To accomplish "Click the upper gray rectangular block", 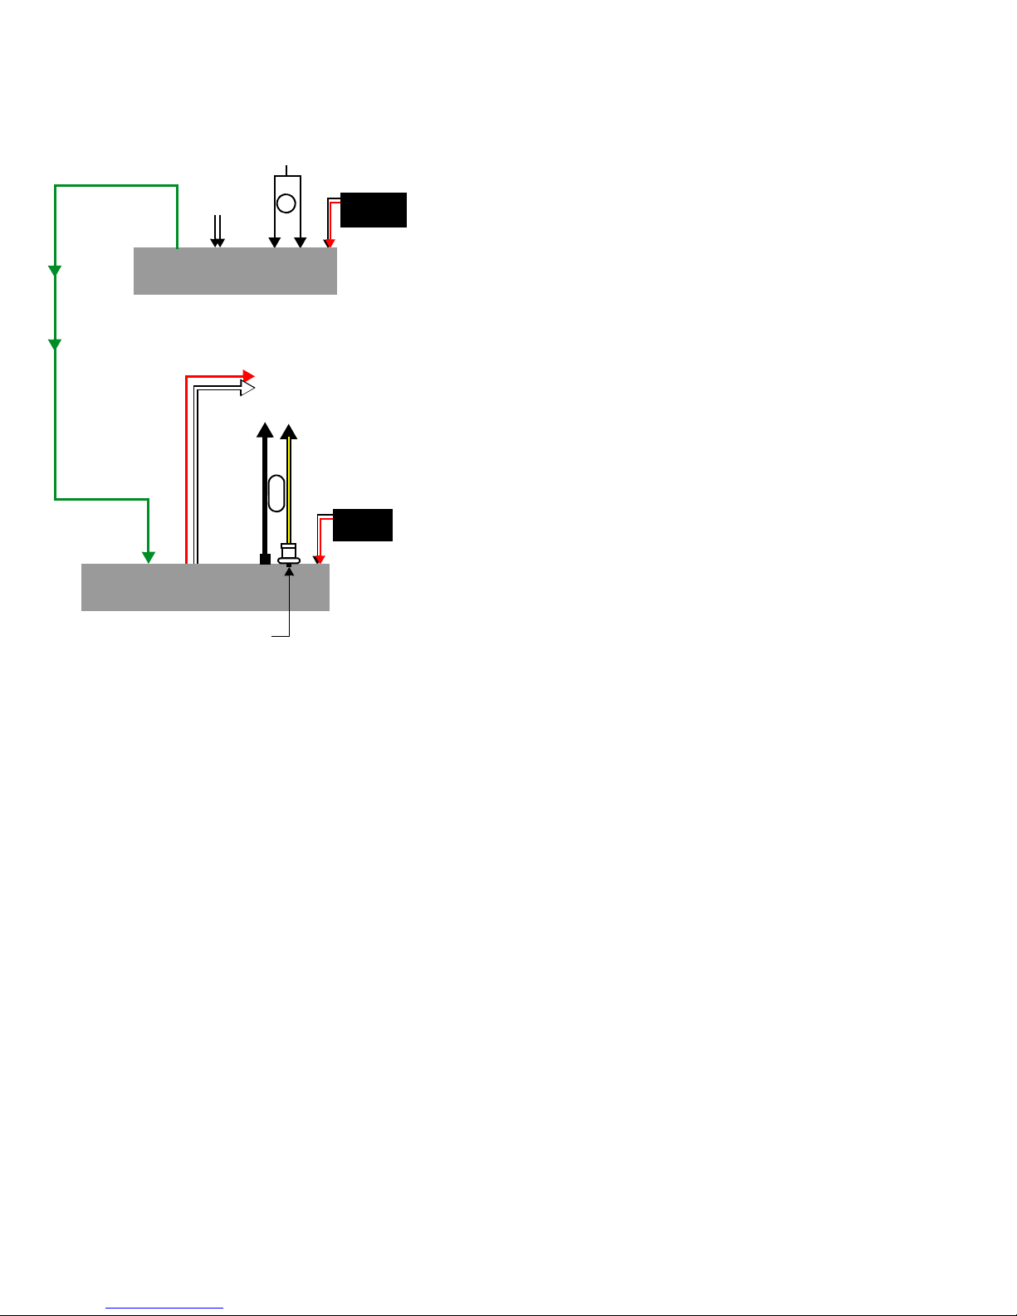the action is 235,271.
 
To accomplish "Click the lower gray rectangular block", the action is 205,587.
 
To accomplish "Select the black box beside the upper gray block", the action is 374,210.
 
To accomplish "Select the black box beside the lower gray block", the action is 363,525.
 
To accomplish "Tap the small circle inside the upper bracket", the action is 286,203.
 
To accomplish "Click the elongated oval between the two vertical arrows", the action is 277,493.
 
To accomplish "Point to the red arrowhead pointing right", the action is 247,376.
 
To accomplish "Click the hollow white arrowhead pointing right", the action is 247,387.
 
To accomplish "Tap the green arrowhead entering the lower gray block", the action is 148,557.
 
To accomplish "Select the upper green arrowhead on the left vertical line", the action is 55,271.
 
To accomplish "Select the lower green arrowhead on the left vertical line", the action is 55,344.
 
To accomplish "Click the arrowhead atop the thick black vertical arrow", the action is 265,429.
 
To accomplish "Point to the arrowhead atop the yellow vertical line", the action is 289,431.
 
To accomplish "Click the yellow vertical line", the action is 289,490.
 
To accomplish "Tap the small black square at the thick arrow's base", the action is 265,559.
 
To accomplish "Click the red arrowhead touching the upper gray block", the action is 330,242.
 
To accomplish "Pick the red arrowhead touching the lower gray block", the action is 320,559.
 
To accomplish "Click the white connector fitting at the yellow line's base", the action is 289,554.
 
